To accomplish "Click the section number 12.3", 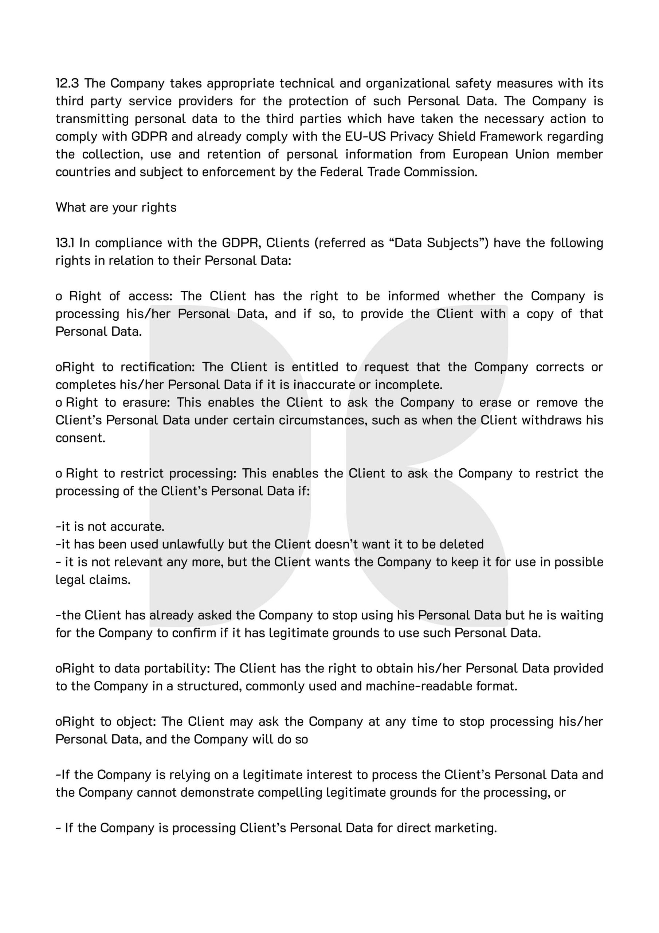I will pyautogui.click(x=67, y=83).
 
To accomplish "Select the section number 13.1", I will pyautogui.click(x=65, y=243).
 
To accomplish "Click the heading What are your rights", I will pyautogui.click(x=116, y=208).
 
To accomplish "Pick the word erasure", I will pyautogui.click(x=144, y=403).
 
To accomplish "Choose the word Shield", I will pyautogui.click(x=456, y=137).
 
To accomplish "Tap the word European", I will pyautogui.click(x=480, y=155).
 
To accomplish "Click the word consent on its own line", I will pyautogui.click(x=81, y=438).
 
